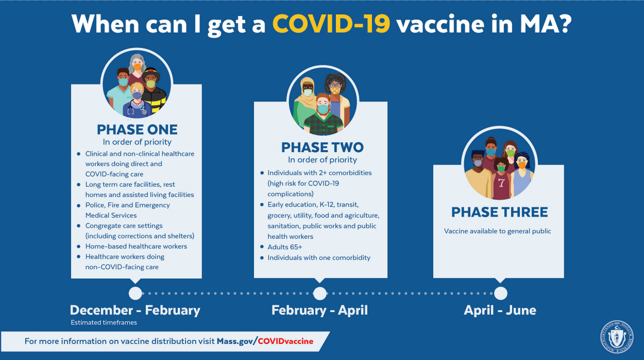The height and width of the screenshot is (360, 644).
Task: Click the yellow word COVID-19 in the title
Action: tap(331, 24)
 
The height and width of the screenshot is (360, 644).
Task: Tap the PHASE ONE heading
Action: tap(137, 130)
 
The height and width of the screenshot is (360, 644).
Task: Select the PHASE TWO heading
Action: tap(323, 148)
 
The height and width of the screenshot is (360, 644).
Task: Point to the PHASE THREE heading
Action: tap(500, 212)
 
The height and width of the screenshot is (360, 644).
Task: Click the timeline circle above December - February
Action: tap(135, 293)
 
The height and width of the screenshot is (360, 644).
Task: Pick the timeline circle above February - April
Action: tap(320, 293)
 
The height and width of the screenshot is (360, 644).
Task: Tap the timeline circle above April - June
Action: tap(501, 293)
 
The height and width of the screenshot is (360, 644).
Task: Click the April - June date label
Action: tap(500, 310)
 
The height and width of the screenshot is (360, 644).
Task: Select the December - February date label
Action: tap(135, 311)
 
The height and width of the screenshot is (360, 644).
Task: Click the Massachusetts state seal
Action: tap(617, 336)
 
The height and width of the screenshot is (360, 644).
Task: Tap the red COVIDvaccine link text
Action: tap(286, 341)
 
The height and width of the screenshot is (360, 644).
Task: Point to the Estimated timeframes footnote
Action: tap(104, 322)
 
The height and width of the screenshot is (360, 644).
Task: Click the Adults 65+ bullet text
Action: tap(284, 247)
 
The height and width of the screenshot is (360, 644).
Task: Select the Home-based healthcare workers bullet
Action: tap(136, 246)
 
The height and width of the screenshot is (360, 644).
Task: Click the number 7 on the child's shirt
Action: tap(501, 183)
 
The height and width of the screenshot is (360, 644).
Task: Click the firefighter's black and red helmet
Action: tap(151, 74)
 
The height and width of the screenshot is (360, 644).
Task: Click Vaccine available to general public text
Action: tap(497, 231)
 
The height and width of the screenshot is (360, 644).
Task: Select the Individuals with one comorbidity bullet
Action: tap(319, 258)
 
